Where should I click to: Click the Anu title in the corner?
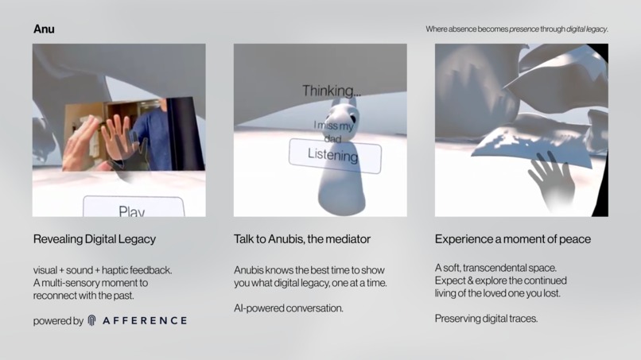tap(44, 29)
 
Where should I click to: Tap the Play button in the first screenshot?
tap(132, 209)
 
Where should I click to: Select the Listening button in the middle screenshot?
tap(334, 156)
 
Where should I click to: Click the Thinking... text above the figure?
tap(331, 91)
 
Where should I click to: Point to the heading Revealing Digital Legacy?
tap(94, 239)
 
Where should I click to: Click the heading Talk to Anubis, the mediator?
tap(301, 239)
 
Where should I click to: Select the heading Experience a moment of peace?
tap(512, 239)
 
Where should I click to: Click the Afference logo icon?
tap(92, 321)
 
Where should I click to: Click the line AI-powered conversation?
tap(288, 308)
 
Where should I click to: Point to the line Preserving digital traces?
tap(486, 319)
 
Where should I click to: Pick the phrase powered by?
tap(58, 321)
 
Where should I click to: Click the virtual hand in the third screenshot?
tap(551, 177)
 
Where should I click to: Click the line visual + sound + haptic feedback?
tap(102, 270)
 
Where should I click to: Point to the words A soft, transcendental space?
tap(496, 267)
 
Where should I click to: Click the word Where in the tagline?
tap(437, 29)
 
